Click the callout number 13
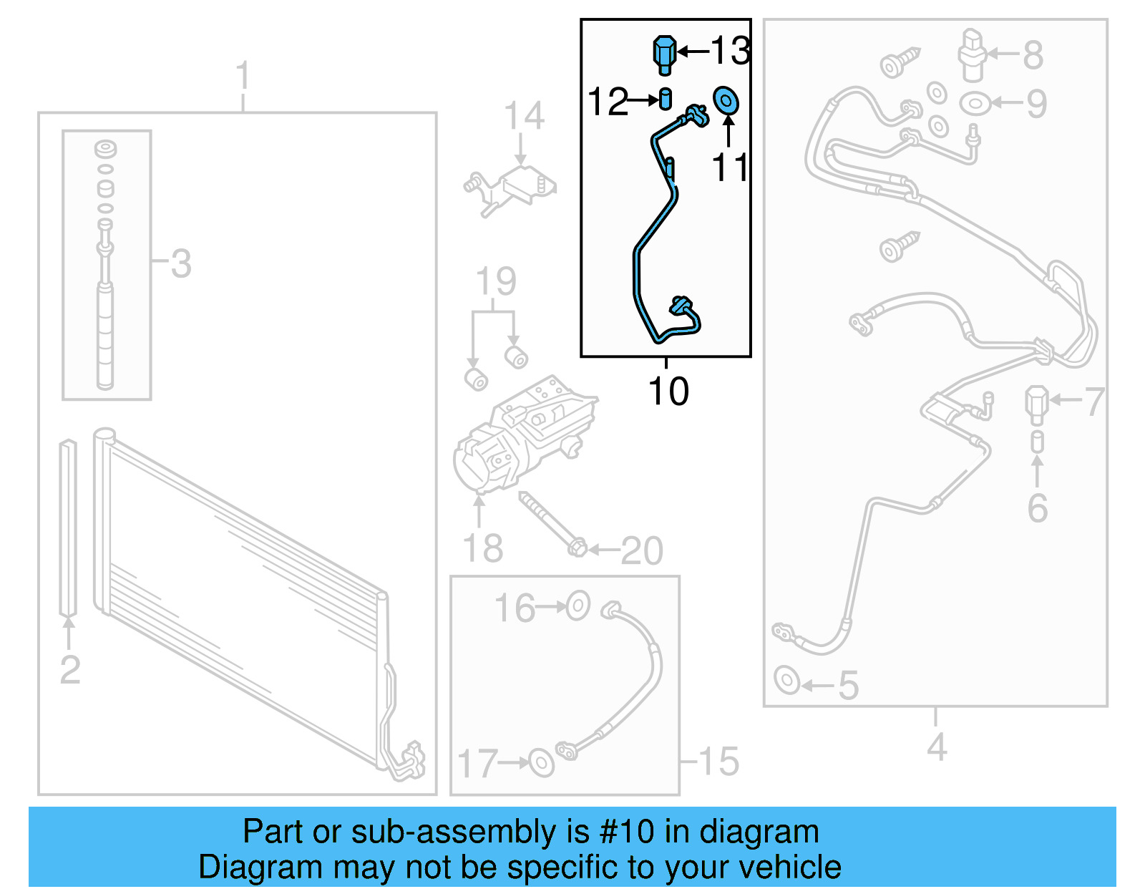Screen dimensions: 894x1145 [x=729, y=51]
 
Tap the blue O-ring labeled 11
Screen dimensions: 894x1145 [x=726, y=101]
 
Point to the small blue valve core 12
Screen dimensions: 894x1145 [x=666, y=99]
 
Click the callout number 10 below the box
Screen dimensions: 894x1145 [x=668, y=392]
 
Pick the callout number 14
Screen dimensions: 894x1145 [x=523, y=116]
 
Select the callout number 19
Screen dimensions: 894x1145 [x=495, y=281]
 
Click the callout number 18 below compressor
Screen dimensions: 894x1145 [x=483, y=549]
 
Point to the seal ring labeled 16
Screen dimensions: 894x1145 [x=578, y=606]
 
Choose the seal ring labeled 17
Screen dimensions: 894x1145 [x=541, y=762]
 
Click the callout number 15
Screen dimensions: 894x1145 [x=718, y=761]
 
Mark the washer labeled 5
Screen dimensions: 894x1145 [x=787, y=679]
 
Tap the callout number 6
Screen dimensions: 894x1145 [x=1037, y=508]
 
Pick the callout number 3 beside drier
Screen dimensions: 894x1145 [x=181, y=263]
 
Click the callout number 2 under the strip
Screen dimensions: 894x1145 [x=69, y=670]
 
